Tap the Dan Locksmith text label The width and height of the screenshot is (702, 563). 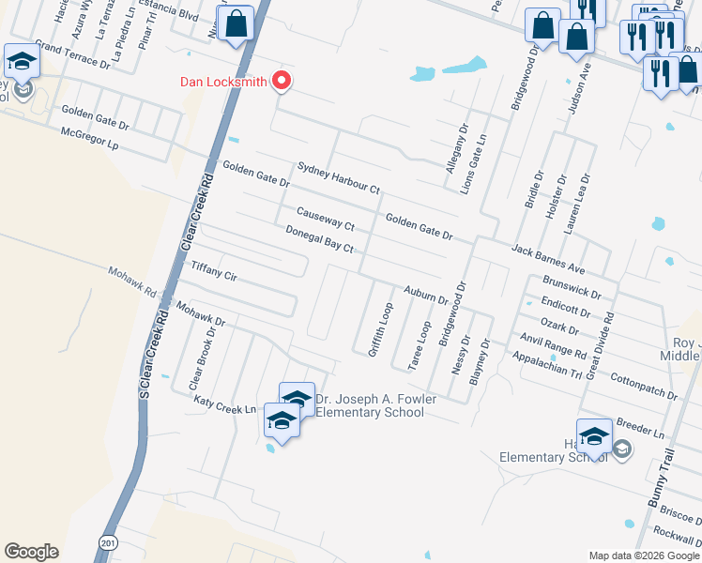point(224,82)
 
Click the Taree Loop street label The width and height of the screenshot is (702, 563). point(419,344)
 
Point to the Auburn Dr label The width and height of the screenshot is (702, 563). point(426,295)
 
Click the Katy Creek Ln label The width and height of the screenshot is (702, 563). point(224,404)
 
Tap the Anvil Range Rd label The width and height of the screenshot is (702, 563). point(554,347)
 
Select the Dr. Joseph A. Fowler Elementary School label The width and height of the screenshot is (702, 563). point(370,405)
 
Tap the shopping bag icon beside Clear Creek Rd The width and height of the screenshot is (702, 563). point(237,23)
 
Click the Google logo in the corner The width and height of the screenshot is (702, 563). point(31,551)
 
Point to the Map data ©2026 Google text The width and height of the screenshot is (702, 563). point(643,555)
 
